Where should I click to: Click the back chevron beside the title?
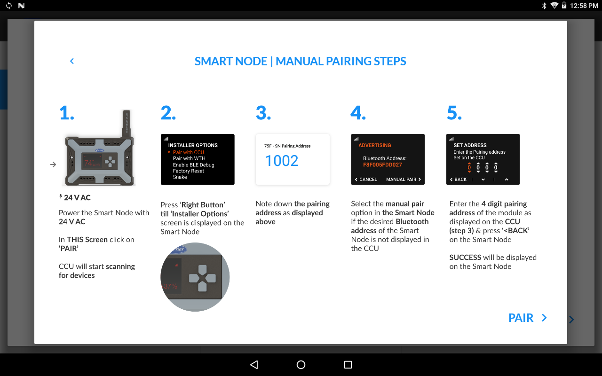[72, 61]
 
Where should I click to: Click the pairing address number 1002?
[282, 161]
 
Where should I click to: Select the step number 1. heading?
[67, 113]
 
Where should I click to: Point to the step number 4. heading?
[358, 113]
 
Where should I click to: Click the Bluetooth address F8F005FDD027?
[382, 165]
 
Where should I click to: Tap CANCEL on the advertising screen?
[366, 180]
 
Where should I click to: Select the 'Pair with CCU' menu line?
[188, 152]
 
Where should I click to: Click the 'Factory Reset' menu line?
[188, 171]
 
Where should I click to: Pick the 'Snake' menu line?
[180, 177]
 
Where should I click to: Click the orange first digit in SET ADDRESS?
[469, 168]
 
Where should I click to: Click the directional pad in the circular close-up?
[202, 278]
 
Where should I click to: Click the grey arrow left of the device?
[53, 164]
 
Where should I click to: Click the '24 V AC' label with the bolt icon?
[75, 198]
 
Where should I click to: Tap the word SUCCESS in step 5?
[465, 258]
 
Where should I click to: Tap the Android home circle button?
[301, 365]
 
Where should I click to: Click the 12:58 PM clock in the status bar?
[584, 6]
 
